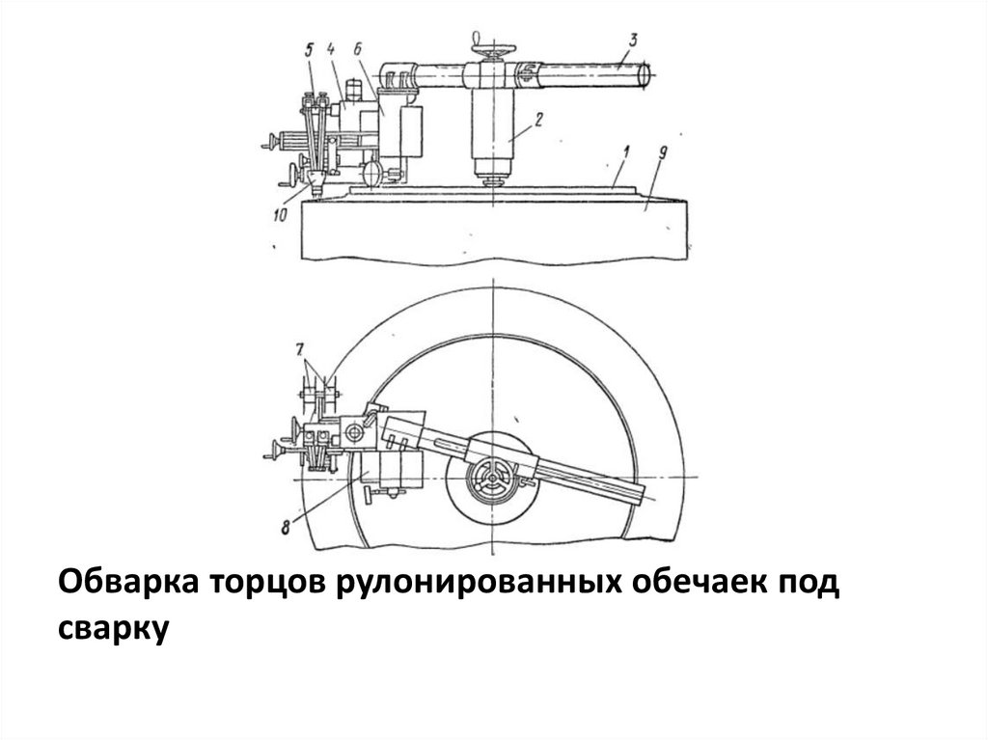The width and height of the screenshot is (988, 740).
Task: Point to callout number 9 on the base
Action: tap(656, 154)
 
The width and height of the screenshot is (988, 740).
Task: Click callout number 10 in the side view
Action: tap(280, 216)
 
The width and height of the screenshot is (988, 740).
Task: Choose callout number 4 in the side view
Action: tap(330, 48)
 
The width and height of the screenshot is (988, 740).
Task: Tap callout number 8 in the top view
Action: tap(286, 525)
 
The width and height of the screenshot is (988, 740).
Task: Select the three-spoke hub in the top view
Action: tap(491, 480)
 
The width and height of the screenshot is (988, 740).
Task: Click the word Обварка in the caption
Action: tap(127, 584)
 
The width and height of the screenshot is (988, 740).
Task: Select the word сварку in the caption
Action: tap(115, 628)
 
